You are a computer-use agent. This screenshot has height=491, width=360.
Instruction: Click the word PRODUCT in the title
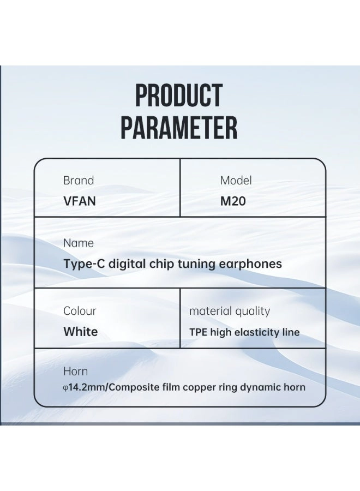click(179, 96)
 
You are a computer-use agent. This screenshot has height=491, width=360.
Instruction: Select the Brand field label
click(79, 181)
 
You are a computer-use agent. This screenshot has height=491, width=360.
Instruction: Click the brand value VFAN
click(80, 201)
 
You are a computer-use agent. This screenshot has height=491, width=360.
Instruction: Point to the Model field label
click(236, 181)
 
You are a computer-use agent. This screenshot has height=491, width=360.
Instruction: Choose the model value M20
click(233, 201)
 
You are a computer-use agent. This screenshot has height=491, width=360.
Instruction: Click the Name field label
click(79, 243)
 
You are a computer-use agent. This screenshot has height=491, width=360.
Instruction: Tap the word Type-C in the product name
click(83, 264)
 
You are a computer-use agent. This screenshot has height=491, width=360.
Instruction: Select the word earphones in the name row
click(250, 264)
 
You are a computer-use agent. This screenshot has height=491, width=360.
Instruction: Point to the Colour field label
click(80, 311)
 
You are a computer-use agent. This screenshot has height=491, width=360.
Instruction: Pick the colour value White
click(81, 332)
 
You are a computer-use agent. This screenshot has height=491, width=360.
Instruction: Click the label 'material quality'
click(230, 312)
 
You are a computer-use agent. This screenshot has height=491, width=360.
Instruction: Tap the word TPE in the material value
click(198, 332)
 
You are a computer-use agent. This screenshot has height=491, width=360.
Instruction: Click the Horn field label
click(75, 372)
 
